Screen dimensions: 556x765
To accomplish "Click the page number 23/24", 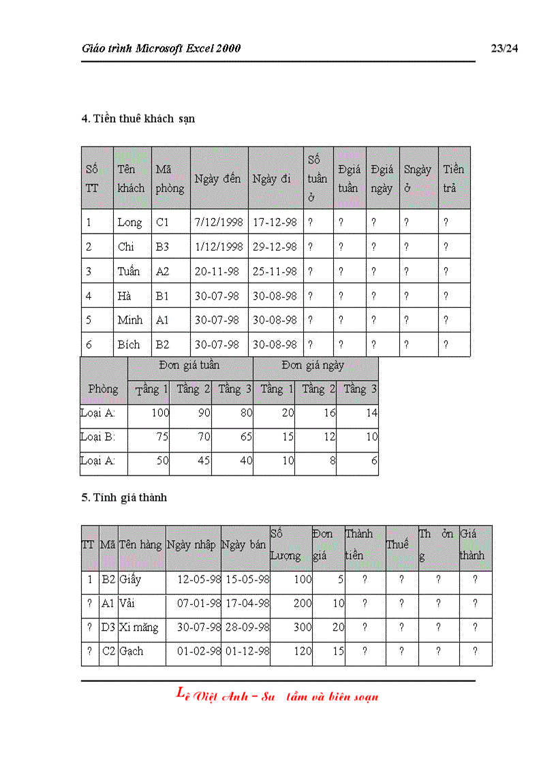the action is tap(504, 48).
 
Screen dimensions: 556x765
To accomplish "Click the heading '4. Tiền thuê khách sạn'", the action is tap(138, 119).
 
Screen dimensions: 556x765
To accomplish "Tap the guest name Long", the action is tap(129, 222).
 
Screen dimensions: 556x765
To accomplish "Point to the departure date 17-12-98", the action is tap(275, 222).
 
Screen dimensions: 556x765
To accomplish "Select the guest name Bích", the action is tap(129, 345).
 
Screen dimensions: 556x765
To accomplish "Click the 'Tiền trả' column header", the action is tap(453, 178).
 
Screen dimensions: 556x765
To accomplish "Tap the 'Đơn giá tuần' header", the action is tap(189, 365).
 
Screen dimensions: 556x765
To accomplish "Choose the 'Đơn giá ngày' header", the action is tap(315, 365).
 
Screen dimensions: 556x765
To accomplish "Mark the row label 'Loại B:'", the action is tap(97, 437).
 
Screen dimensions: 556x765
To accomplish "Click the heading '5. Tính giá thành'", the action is tap(124, 497).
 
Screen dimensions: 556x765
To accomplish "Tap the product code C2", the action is tap(108, 651).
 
